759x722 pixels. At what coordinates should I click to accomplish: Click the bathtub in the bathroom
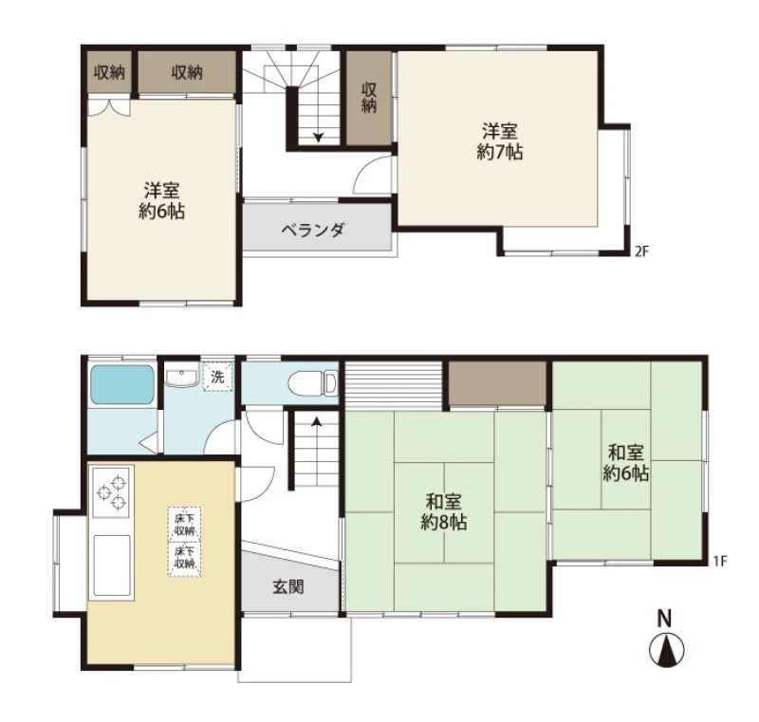click(x=122, y=385)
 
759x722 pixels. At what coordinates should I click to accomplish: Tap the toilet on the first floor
click(x=313, y=383)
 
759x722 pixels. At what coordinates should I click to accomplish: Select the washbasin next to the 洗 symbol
click(x=181, y=377)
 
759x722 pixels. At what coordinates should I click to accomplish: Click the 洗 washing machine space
click(x=217, y=376)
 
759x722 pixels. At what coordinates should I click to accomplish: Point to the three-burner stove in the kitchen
click(x=111, y=491)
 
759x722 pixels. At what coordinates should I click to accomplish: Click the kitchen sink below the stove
click(x=112, y=565)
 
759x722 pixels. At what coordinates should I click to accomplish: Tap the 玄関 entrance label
click(x=288, y=586)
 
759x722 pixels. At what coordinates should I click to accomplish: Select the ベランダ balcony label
click(x=313, y=229)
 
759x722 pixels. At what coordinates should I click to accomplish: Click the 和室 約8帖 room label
click(x=443, y=511)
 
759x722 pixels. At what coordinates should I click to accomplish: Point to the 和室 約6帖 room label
click(x=625, y=463)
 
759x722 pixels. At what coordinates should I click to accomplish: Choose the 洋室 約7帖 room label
click(x=500, y=141)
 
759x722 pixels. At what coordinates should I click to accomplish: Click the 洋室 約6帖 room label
click(x=161, y=201)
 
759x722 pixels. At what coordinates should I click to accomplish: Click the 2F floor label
click(x=641, y=251)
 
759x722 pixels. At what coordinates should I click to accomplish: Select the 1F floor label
click(x=720, y=561)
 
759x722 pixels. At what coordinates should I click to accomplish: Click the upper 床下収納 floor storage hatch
click(x=184, y=524)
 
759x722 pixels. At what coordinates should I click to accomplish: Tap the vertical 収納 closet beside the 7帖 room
click(x=369, y=98)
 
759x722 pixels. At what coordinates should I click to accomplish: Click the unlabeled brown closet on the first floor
click(x=497, y=382)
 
